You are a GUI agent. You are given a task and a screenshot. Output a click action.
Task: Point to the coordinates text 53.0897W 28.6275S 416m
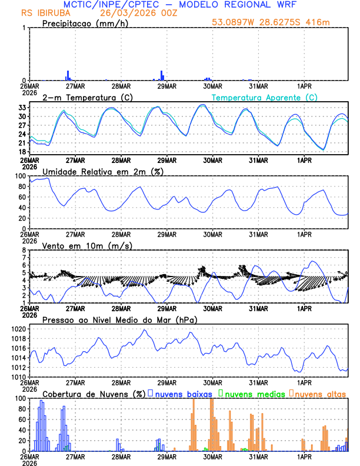[x=278, y=23]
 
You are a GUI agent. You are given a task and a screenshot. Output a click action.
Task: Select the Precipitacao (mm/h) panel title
[x=84, y=23]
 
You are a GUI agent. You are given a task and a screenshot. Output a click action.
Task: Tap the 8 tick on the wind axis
[x=24, y=250]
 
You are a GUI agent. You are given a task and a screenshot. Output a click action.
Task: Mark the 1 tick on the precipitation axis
[x=24, y=28]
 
